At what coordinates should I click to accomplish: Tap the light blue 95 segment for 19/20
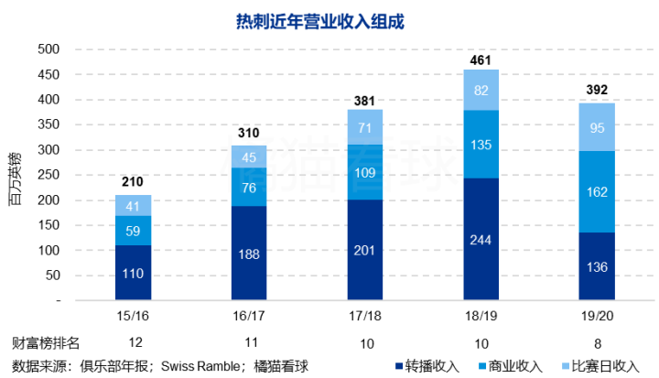pyautogui.click(x=596, y=127)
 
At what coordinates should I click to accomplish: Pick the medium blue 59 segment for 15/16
pyautogui.click(x=134, y=231)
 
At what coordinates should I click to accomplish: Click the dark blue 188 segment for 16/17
pyautogui.click(x=249, y=254)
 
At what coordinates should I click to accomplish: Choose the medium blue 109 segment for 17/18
pyautogui.click(x=365, y=172)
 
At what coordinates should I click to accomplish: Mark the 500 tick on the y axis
pyautogui.click(x=48, y=49)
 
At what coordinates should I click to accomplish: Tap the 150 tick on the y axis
pyautogui.click(x=48, y=225)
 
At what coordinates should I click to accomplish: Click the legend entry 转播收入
pyautogui.click(x=431, y=366)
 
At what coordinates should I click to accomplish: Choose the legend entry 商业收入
pyautogui.click(x=513, y=366)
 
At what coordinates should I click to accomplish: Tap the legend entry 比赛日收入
pyautogui.click(x=605, y=366)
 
